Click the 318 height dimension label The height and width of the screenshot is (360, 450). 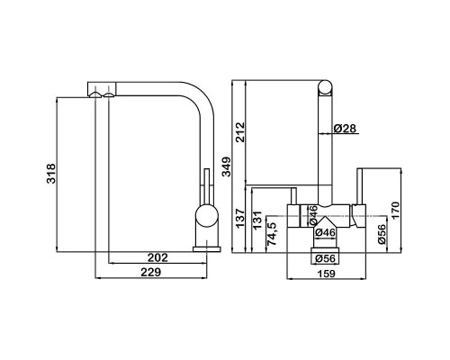pyautogui.click(x=51, y=174)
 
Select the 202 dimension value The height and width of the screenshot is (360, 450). pyautogui.click(x=157, y=257)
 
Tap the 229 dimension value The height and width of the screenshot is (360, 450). pyautogui.click(x=151, y=272)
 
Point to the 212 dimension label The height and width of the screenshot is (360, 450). pyautogui.click(x=240, y=132)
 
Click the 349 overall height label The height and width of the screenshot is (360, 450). pyautogui.click(x=227, y=166)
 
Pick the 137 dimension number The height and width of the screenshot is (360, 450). pyautogui.click(x=240, y=218)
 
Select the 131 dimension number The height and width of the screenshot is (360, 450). pyautogui.click(x=257, y=220)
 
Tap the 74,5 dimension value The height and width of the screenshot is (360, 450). pyautogui.click(x=272, y=234)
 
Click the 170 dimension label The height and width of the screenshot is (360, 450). pyautogui.click(x=395, y=211)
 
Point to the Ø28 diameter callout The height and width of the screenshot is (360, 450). pyautogui.click(x=345, y=129)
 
